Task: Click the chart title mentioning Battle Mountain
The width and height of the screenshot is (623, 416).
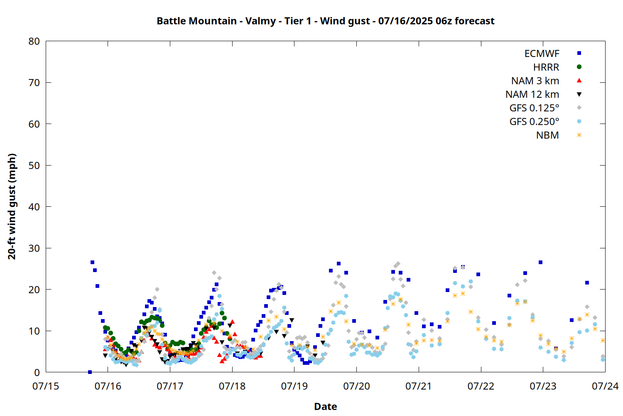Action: [x=325, y=21]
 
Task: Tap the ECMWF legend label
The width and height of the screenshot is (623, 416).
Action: [x=542, y=54]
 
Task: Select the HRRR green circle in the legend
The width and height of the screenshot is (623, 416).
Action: [x=579, y=67]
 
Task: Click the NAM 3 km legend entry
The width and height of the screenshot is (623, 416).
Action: [x=535, y=81]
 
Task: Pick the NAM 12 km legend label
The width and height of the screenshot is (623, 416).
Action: [x=532, y=94]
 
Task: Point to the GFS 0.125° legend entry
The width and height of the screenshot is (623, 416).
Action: [x=534, y=108]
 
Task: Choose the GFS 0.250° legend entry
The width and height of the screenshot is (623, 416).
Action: [x=534, y=121]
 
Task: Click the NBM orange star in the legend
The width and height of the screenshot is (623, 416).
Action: [x=579, y=135]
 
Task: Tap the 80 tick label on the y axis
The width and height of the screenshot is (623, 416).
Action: [x=34, y=41]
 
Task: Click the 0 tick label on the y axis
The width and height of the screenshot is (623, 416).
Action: [x=37, y=372]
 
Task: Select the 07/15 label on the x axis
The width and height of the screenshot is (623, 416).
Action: [x=46, y=386]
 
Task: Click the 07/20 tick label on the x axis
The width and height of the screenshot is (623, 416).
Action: [x=356, y=386]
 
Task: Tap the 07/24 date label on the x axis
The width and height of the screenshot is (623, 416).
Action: [x=605, y=386]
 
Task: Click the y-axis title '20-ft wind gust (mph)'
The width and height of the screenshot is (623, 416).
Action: [x=12, y=206]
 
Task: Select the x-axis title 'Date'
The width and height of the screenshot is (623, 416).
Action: [x=325, y=406]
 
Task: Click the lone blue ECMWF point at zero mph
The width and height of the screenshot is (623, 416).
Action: [x=90, y=372]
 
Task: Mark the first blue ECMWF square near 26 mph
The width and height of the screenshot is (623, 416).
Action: [x=92, y=262]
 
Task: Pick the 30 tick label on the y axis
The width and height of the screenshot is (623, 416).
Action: [x=34, y=248]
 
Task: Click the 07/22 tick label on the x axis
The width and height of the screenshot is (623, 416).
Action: [x=481, y=386]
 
